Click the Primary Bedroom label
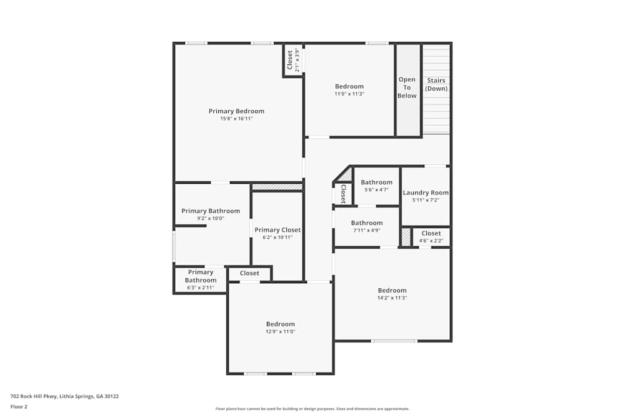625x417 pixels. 236,111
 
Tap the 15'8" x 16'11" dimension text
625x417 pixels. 236,119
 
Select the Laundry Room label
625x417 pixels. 426,193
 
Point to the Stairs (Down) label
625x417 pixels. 436,84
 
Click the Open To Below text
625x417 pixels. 407,88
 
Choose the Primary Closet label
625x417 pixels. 277,230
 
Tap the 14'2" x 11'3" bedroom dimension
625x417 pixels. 392,298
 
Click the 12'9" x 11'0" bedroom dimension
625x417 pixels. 280,332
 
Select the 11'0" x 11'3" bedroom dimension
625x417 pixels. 349,94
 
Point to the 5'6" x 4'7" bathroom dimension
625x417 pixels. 376,190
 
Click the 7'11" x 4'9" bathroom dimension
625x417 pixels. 366,230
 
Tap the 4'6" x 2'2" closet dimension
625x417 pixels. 431,241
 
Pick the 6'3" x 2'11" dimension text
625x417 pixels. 200,288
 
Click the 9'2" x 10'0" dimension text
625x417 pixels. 211,219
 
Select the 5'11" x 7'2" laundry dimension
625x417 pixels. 426,200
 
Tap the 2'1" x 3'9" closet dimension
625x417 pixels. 297,61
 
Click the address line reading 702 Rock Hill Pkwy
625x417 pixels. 65,396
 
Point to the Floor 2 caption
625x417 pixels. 19,406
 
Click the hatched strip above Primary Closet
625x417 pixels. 277,186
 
